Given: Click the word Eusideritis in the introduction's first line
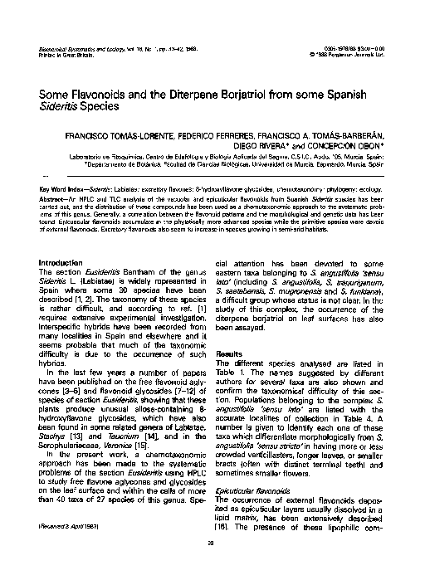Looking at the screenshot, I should coord(105,272).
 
